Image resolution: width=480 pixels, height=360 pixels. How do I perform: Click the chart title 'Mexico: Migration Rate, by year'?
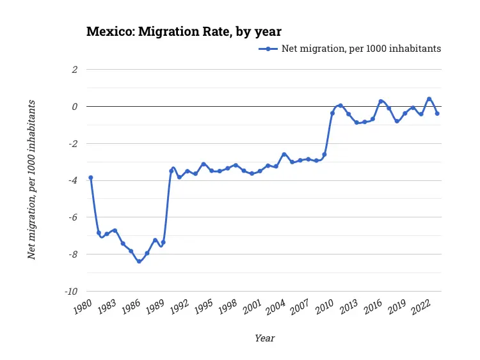pos(184,31)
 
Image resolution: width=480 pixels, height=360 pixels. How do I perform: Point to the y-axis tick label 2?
pos(74,69)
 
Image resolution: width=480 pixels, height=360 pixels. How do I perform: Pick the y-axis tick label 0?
pos(74,106)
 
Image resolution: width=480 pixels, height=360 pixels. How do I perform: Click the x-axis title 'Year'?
pos(264,338)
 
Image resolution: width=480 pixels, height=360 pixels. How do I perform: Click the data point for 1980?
pos(91,177)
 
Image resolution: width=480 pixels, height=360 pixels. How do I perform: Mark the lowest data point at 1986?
pos(139,261)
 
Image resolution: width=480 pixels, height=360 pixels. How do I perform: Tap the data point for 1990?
pos(171,171)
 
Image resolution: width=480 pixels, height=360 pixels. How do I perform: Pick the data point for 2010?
pos(332,113)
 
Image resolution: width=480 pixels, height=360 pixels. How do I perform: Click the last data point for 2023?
pos(437,113)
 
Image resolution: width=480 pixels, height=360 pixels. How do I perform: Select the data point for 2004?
pos(284,154)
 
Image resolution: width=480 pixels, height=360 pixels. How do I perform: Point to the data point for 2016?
pos(381,101)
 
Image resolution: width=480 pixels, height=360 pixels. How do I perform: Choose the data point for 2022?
pos(429,99)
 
